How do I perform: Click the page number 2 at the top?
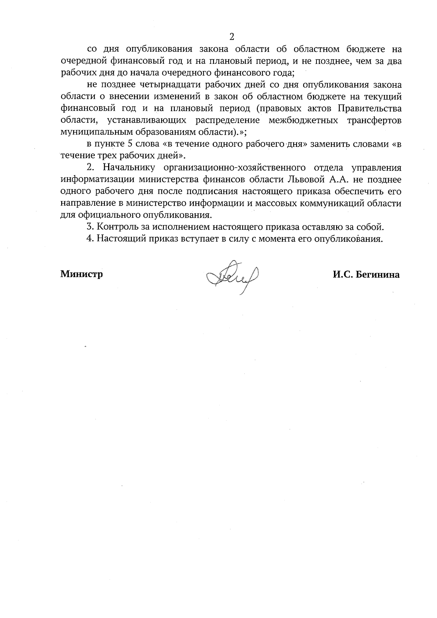231,36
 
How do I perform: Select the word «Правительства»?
370,109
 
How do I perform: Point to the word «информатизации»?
97,180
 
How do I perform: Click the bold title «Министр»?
82,274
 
